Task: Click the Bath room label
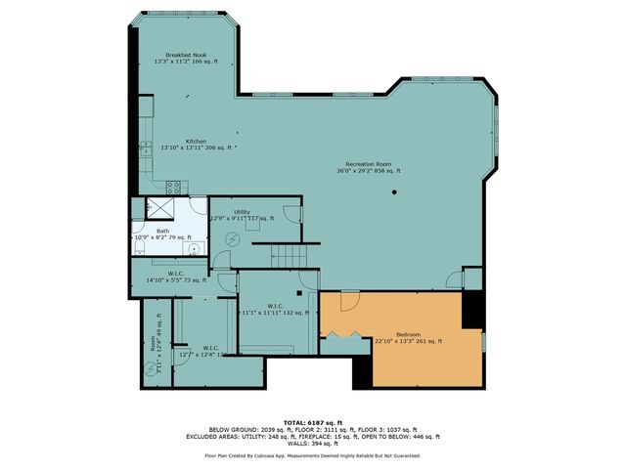(x=162, y=232)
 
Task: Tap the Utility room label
(x=242, y=211)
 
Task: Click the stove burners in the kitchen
(x=174, y=186)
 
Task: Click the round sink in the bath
(x=194, y=248)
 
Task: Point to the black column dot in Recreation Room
(x=395, y=192)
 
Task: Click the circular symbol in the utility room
(x=233, y=238)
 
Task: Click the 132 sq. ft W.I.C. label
(x=275, y=309)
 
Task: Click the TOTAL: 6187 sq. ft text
(x=313, y=420)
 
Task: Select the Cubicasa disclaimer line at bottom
(x=313, y=455)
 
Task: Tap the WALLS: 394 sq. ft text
(x=313, y=445)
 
